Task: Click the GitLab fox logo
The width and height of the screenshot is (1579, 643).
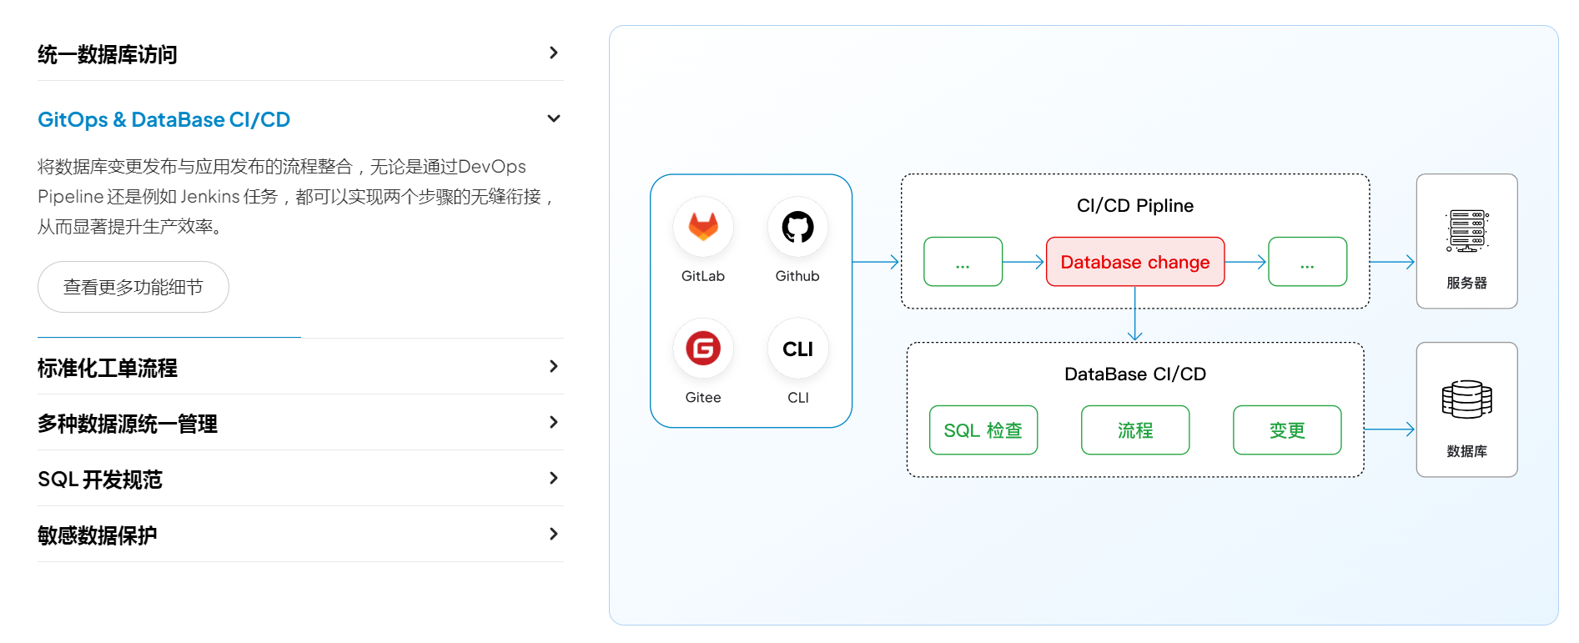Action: tap(703, 227)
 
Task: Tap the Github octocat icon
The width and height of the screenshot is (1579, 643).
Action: tap(797, 227)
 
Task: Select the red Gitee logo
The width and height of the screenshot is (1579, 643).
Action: tap(703, 349)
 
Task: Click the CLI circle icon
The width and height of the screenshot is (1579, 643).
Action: tap(798, 349)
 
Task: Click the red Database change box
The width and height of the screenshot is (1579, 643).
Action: tap(1135, 262)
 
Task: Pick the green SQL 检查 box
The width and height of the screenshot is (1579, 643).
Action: tap(983, 430)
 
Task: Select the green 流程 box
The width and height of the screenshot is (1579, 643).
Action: tap(1135, 430)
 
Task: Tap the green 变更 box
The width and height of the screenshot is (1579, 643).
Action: tap(1287, 430)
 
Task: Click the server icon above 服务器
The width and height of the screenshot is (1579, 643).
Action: tap(1467, 231)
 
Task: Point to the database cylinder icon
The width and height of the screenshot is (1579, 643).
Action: tap(1467, 399)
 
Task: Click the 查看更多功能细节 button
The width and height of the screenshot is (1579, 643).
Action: tap(133, 287)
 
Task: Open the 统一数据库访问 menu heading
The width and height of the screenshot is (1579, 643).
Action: tap(108, 54)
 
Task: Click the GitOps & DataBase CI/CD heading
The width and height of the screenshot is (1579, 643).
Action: tap(164, 119)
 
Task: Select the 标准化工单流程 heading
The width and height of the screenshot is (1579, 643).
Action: tap(108, 368)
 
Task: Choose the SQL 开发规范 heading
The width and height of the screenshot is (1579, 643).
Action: tap(100, 480)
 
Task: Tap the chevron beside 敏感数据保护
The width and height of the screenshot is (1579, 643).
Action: tap(554, 534)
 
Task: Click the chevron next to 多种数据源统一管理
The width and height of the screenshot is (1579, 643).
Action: tap(554, 422)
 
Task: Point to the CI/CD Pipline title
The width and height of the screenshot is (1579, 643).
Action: tap(1135, 206)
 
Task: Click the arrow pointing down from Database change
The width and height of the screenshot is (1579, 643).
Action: tap(1135, 314)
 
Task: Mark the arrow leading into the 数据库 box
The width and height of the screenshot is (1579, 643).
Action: tap(1390, 430)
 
